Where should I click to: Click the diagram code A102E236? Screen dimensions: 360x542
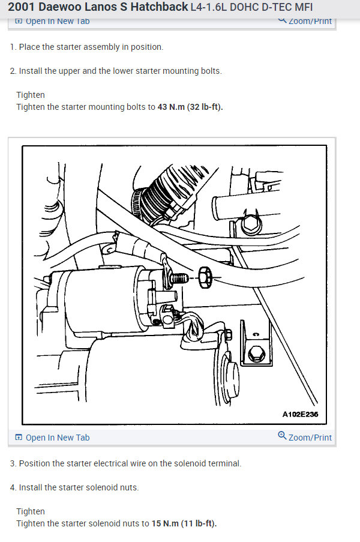300,414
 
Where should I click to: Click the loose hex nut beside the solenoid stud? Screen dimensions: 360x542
205,277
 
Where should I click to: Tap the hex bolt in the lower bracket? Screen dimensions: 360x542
256,354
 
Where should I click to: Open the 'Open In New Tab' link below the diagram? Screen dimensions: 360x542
53,438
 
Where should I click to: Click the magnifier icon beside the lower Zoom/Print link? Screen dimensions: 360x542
282,436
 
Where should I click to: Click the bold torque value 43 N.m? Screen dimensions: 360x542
171,107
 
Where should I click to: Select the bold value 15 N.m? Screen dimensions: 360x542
165,523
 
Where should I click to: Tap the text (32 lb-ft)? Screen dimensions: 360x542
205,107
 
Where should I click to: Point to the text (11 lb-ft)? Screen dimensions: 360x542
199,523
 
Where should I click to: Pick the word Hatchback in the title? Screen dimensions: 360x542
159,7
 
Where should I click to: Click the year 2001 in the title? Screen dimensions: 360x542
22,7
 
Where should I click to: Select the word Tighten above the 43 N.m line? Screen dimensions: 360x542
31,95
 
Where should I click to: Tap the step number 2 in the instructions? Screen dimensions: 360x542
13,71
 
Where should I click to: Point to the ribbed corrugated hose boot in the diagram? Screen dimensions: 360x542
166,193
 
